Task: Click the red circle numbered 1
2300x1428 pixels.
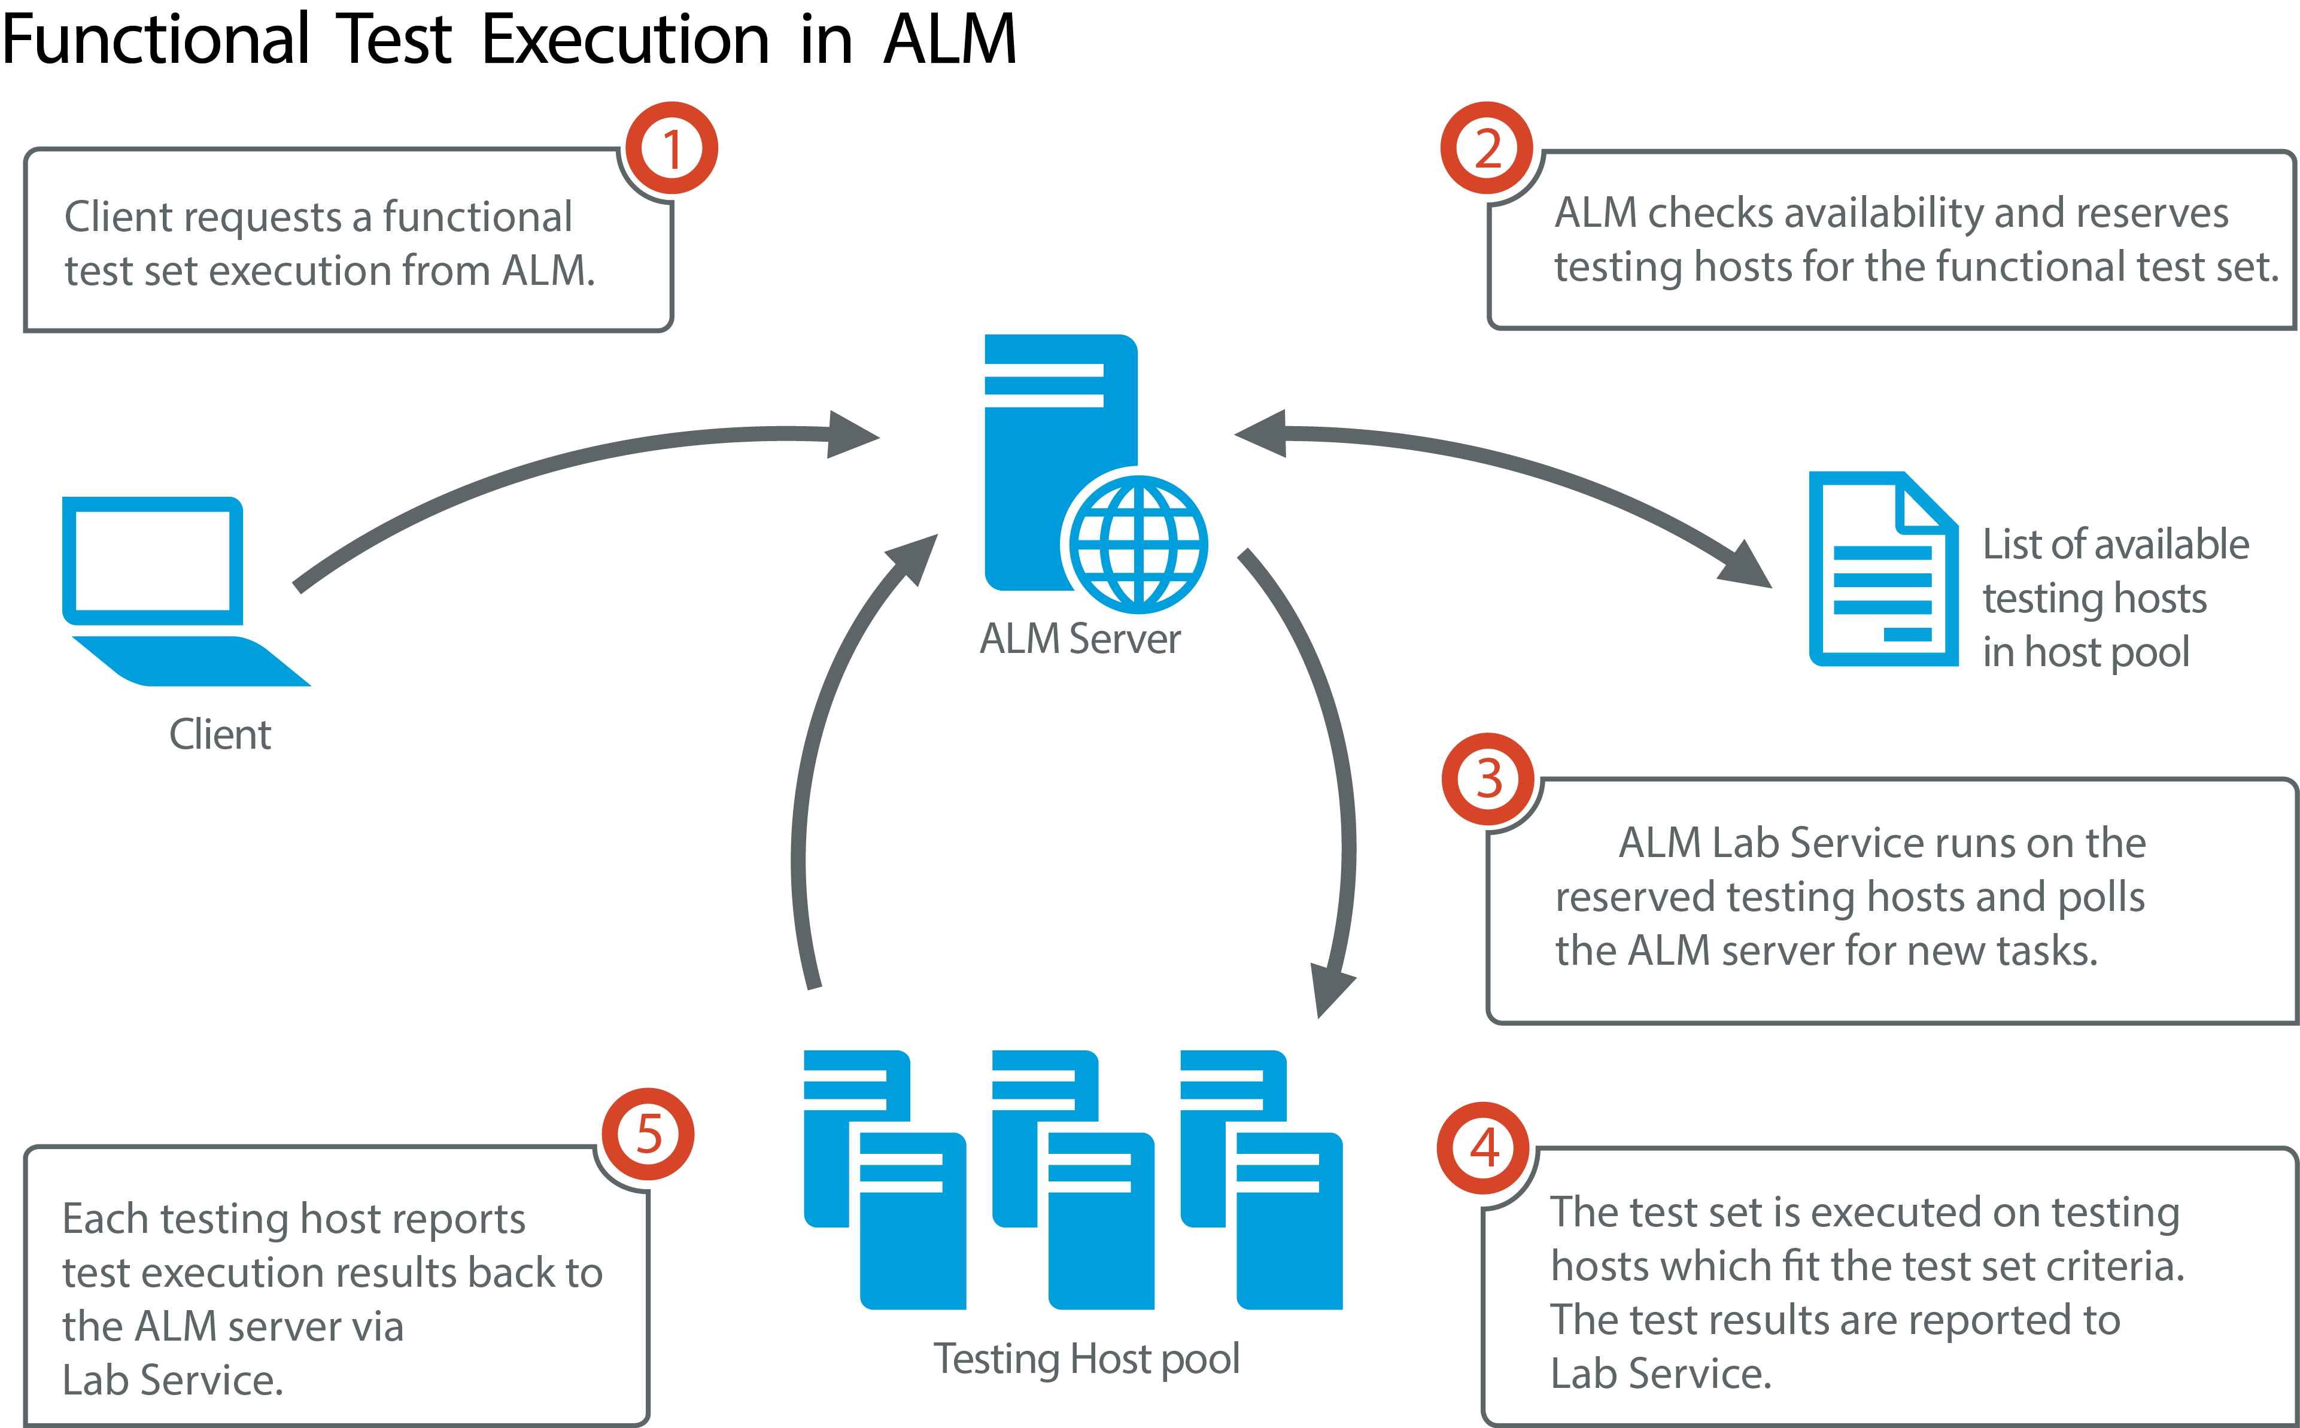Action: coord(672,148)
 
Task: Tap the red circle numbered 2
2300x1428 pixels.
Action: coord(1487,148)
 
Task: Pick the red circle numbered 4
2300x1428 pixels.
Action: coord(1483,1147)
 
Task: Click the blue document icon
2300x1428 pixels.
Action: coord(1882,570)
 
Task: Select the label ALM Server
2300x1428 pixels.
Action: coord(1079,639)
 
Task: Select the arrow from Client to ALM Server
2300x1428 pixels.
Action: coord(567,472)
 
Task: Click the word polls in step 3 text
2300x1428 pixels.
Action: coord(2101,897)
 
